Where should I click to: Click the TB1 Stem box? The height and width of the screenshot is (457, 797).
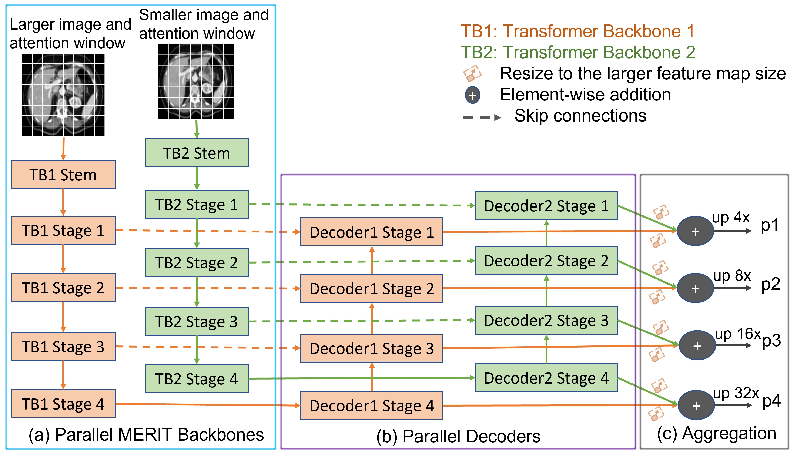pyautogui.click(x=63, y=175)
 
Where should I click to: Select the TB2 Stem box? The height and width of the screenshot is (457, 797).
pyautogui.click(x=197, y=153)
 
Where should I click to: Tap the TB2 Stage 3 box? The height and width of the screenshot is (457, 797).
pyautogui.click(x=197, y=321)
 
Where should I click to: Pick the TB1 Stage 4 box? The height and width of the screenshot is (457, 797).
pyautogui.click(x=63, y=404)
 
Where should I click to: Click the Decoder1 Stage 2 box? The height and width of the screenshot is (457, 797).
pyautogui.click(x=372, y=288)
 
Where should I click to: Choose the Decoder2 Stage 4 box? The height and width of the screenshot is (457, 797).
pyautogui.click(x=546, y=378)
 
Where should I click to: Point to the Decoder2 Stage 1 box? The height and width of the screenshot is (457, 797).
pyautogui.click(x=546, y=206)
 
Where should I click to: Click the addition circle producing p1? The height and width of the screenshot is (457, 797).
pyautogui.click(x=695, y=231)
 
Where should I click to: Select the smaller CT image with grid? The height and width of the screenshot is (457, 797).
pyautogui.click(x=196, y=81)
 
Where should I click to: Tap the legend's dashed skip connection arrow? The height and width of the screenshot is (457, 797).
pyautogui.click(x=482, y=118)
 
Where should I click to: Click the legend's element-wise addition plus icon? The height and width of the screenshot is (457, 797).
pyautogui.click(x=472, y=95)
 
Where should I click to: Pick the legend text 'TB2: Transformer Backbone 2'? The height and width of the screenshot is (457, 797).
pyautogui.click(x=578, y=52)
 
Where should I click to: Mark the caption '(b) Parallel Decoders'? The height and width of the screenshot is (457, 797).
pyautogui.click(x=458, y=436)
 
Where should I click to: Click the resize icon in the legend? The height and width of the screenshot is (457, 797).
pyautogui.click(x=472, y=73)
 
